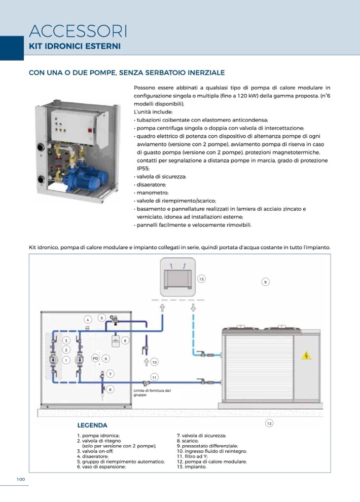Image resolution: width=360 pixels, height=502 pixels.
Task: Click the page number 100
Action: tap(21, 479)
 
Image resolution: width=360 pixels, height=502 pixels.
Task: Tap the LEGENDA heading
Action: tap(92, 426)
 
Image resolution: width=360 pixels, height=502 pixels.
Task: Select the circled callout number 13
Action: tap(201, 279)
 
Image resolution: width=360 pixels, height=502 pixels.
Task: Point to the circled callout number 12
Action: tap(269, 422)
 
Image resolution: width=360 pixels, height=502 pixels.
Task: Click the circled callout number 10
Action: tap(154, 362)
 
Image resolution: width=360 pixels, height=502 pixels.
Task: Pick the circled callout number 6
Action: tap(125, 340)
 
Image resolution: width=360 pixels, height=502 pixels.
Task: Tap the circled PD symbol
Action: tap(95, 358)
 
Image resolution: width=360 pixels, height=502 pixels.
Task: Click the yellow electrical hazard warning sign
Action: tap(306, 356)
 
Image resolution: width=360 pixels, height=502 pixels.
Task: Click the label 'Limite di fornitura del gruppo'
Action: tap(152, 393)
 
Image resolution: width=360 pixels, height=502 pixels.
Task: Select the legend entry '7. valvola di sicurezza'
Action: tap(201, 436)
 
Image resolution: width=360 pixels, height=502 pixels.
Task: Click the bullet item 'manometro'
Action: tap(152, 192)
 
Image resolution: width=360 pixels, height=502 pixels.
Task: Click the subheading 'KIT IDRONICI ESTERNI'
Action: tap(75, 46)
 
